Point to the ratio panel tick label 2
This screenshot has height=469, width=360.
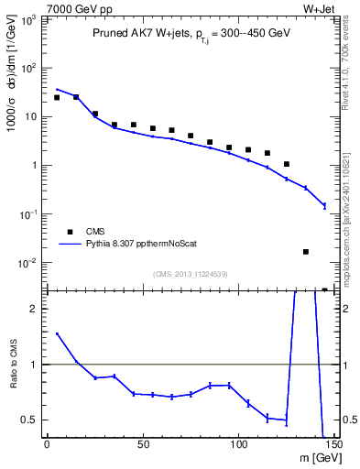pos(32,309)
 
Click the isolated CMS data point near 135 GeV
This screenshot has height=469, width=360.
pos(306,252)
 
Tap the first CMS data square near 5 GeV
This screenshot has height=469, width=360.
pos(57,97)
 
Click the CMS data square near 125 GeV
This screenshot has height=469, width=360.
pos(287,164)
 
